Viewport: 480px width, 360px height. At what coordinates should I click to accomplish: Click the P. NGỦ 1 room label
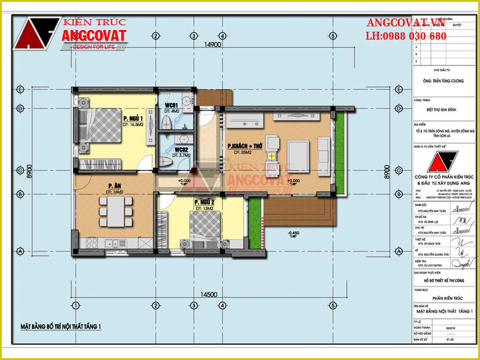(133, 118)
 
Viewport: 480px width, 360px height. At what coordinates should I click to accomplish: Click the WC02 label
(182, 149)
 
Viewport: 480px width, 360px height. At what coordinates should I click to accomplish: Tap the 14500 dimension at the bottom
(209, 295)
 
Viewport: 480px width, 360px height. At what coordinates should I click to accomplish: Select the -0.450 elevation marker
(293, 232)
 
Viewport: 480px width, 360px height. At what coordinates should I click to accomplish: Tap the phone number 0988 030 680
(406, 37)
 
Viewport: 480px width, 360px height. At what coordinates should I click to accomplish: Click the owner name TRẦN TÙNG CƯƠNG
(445, 82)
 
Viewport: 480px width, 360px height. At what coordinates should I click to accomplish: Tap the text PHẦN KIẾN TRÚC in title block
(445, 296)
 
